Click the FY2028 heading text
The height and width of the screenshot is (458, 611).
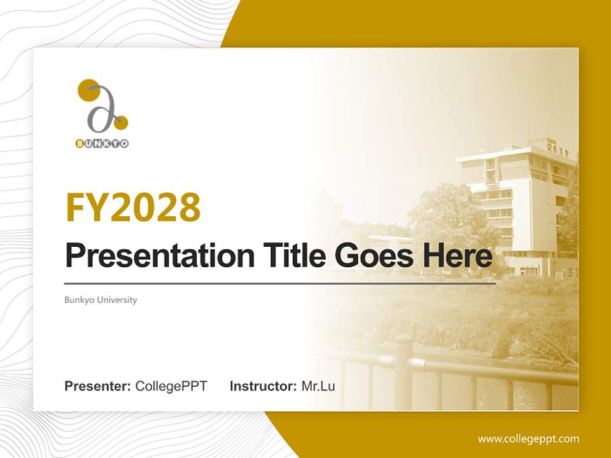pyautogui.click(x=133, y=207)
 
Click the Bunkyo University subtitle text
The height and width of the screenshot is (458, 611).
pyautogui.click(x=101, y=300)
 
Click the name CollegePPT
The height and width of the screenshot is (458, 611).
pyautogui.click(x=171, y=386)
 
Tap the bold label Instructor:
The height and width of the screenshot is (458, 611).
pyautogui.click(x=263, y=386)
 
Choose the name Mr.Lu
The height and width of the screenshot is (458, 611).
pyautogui.click(x=318, y=386)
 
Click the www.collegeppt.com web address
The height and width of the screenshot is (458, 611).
pyautogui.click(x=528, y=438)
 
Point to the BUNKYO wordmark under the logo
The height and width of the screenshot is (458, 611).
pyautogui.click(x=102, y=144)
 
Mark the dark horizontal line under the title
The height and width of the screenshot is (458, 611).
pyautogui.click(x=280, y=284)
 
